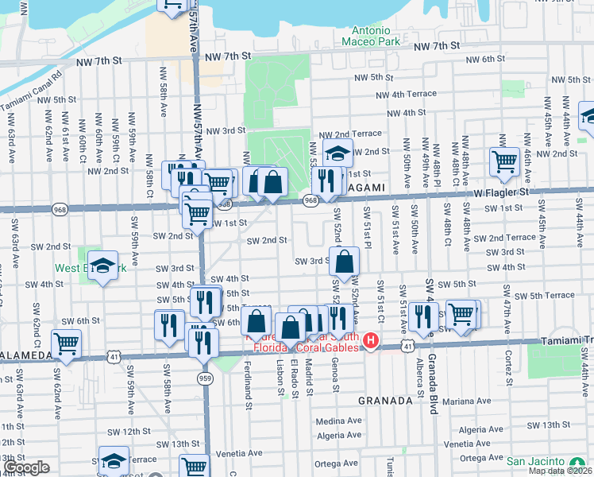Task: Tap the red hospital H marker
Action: click(x=370, y=342)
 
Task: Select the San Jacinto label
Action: click(x=536, y=462)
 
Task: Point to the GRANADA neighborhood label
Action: click(x=385, y=401)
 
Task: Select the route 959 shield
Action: click(x=206, y=378)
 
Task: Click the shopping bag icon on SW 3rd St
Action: click(x=345, y=261)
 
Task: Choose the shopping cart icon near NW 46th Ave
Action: click(x=504, y=161)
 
